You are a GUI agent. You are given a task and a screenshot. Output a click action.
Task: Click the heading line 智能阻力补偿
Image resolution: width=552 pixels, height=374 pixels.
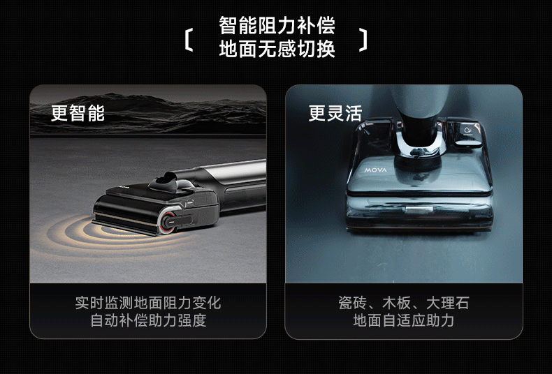(x=277, y=25)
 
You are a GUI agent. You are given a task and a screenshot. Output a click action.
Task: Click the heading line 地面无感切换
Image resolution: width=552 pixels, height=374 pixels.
(x=277, y=49)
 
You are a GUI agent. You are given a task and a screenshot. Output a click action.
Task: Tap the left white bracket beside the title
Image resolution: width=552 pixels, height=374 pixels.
(x=189, y=40)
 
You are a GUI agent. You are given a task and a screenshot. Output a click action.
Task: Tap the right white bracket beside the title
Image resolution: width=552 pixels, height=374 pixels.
(x=363, y=40)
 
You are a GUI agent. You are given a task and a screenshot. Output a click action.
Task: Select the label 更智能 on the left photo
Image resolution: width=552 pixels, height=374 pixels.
(x=78, y=113)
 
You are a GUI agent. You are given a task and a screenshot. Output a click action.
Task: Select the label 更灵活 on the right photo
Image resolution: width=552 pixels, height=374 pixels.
(x=335, y=113)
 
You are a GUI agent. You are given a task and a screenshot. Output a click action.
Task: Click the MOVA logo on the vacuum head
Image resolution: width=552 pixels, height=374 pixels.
(x=375, y=170)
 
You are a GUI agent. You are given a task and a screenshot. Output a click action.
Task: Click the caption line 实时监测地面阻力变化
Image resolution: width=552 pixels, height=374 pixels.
(x=148, y=303)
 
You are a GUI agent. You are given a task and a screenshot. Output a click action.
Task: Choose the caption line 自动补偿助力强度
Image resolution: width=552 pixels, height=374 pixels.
(x=148, y=320)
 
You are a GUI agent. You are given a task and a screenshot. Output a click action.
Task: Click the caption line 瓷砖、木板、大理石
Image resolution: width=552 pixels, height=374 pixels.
(x=403, y=303)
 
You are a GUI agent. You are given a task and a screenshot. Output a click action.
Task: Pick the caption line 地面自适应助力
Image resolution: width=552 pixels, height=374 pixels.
(x=403, y=320)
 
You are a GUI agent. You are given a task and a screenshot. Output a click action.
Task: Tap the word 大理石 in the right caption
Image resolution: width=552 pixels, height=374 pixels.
(x=447, y=303)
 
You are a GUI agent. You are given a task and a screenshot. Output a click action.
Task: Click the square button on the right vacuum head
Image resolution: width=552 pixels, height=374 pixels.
(x=467, y=133)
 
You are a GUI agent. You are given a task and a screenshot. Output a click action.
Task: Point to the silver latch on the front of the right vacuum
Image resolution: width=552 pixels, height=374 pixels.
(x=419, y=209)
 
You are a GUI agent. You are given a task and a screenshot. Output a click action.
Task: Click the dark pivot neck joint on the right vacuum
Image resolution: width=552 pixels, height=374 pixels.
(x=419, y=133)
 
